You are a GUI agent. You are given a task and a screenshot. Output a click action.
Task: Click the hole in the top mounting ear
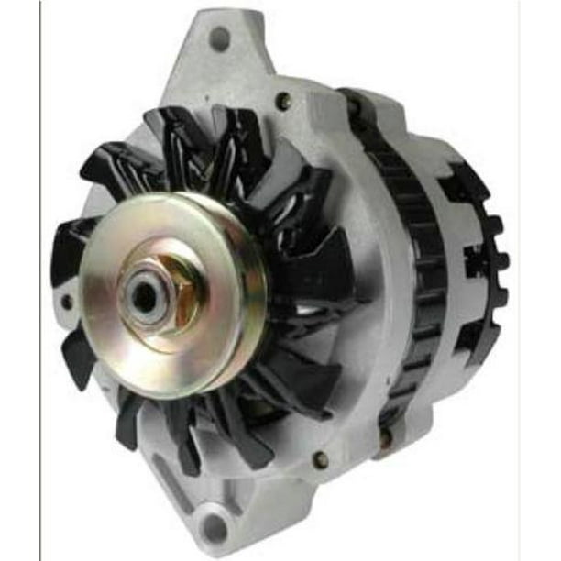tap(219, 38)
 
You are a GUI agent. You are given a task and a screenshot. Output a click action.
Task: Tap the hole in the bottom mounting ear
tap(215, 527)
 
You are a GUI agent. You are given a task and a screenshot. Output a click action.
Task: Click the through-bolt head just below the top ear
tap(285, 102)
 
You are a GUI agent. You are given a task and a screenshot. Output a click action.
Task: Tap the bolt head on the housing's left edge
tap(66, 301)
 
